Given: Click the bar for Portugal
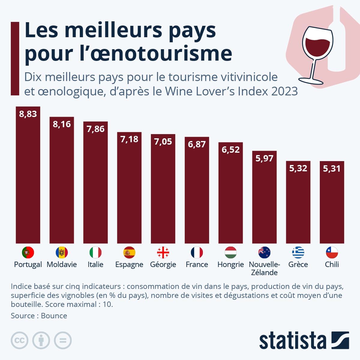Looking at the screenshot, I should point(28,180).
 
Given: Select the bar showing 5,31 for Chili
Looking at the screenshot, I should point(332,204).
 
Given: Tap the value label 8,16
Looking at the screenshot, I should point(62,124).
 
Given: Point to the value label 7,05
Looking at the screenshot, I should point(163,142).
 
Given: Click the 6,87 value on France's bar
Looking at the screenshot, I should point(197,144).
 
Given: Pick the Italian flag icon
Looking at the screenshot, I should point(95,253).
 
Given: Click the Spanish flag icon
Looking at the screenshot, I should point(129,253).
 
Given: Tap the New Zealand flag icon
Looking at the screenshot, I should point(264,253).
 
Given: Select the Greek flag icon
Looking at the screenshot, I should point(298,253).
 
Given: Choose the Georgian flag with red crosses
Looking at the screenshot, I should point(163,253).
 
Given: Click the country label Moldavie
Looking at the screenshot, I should point(62,265).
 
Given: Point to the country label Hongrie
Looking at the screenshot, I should point(230,265).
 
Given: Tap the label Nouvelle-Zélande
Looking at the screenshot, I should point(264,268).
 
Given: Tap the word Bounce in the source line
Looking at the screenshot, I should point(54,316).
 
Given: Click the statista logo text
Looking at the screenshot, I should point(292,341).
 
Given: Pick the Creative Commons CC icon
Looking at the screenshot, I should point(19,340).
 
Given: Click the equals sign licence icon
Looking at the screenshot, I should point(63,340).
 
